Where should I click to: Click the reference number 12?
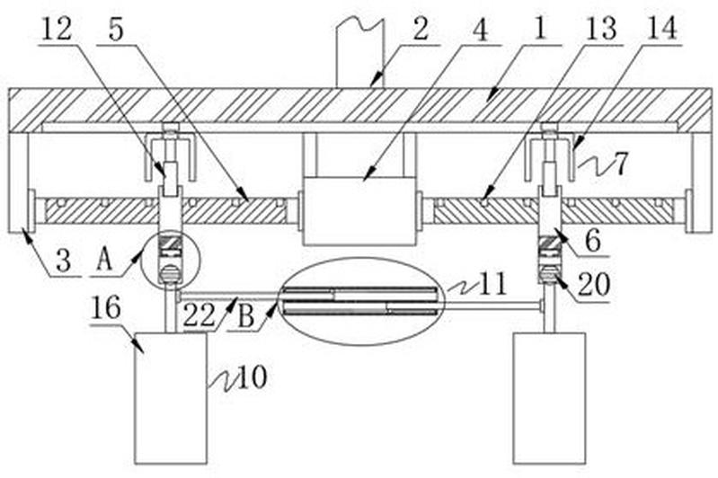coord(58,29)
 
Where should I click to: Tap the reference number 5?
coord(116,31)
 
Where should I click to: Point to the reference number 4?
coord(481,30)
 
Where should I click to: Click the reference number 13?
coord(601,30)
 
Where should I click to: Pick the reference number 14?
coord(661,29)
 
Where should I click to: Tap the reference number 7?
coord(621,164)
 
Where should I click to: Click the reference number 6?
coord(594,240)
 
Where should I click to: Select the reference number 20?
coord(594,284)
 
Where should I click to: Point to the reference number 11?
coord(493,284)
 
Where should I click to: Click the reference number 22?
coord(199,314)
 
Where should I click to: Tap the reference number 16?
coord(106,307)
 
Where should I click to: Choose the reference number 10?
coord(252,378)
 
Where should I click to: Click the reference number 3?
coord(63,261)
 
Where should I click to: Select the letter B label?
coord(246,316)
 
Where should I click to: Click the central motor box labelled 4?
coord(359,211)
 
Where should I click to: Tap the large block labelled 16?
coord(171,398)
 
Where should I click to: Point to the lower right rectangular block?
coord(549,398)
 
